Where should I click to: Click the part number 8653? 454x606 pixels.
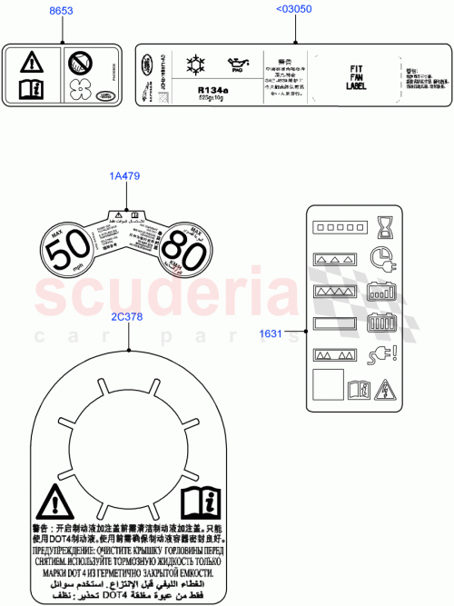tap(62, 11)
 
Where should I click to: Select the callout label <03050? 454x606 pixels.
tap(294, 11)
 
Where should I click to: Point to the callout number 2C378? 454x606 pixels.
tap(127, 317)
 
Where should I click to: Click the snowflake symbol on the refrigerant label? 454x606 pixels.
tap(193, 64)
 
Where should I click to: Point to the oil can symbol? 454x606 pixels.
tap(239, 65)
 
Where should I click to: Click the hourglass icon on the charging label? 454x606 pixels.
tap(382, 225)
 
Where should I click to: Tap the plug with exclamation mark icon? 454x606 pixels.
tap(381, 354)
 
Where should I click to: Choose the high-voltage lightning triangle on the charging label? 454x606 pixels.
tap(384, 388)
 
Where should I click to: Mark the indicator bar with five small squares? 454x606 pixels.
tap(335, 224)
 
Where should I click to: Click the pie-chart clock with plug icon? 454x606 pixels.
tap(382, 258)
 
